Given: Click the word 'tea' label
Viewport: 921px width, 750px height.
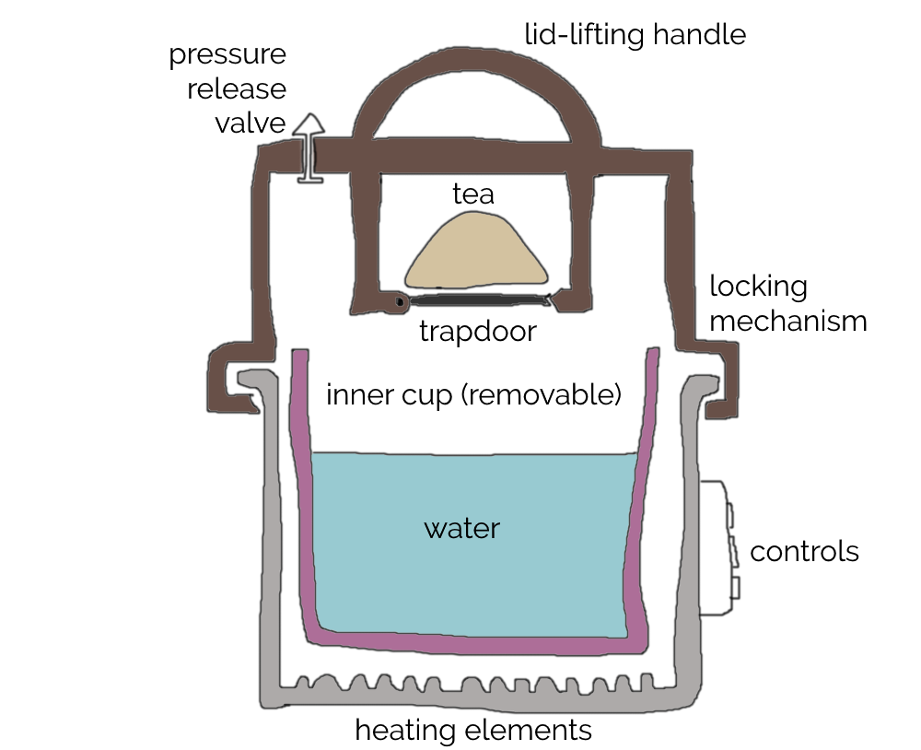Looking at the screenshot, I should click(x=473, y=194).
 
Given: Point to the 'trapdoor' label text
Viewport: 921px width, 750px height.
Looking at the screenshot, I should click(x=477, y=332).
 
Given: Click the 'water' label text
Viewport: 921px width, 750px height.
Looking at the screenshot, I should click(x=461, y=529).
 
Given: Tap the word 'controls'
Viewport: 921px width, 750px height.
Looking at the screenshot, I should click(x=804, y=552).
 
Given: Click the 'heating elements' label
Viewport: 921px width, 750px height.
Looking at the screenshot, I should click(x=472, y=731).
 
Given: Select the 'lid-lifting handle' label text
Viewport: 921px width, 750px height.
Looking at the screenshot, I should click(x=635, y=35).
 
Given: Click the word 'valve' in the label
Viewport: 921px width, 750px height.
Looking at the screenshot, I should click(x=251, y=123).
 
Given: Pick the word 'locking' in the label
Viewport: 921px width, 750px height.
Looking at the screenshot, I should click(x=758, y=286).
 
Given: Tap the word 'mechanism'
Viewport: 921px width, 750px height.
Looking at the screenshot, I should click(x=788, y=322).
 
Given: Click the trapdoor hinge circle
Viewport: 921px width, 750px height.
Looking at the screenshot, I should click(x=399, y=301).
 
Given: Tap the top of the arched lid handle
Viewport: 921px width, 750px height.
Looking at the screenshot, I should click(x=477, y=73).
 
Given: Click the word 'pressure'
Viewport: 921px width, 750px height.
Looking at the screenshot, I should click(x=227, y=54).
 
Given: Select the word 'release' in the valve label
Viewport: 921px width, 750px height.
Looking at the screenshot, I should click(x=237, y=89).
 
